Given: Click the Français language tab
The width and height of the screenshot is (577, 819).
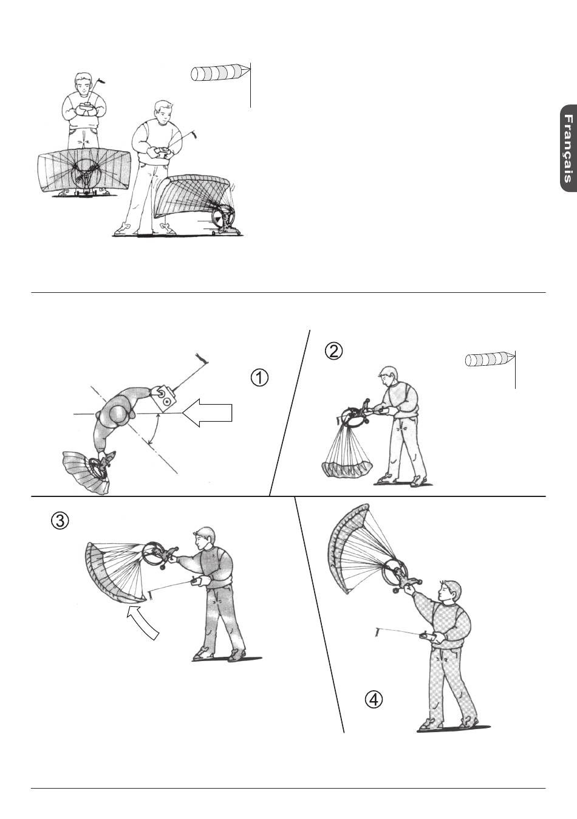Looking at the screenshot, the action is [568, 148].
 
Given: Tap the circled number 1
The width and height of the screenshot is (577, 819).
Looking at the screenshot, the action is [259, 378].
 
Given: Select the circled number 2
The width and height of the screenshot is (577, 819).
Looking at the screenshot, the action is [333, 351].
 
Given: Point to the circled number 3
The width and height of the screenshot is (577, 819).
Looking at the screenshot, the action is [60, 521].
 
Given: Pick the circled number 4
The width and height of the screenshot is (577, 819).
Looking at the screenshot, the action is [374, 699].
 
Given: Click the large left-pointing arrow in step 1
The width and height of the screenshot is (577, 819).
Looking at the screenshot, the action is [207, 413].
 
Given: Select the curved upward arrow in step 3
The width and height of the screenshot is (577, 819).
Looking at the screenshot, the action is [143, 622].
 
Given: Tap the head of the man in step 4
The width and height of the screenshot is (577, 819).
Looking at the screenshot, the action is [449, 591].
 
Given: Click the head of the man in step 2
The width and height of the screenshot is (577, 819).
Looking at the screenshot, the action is [388, 377].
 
